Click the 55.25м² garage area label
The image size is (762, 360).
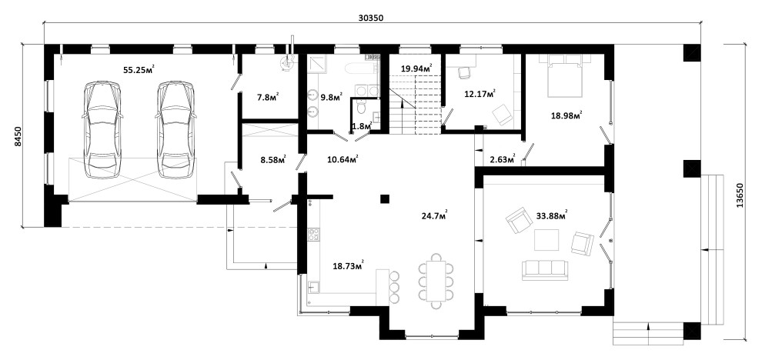pos(139,69)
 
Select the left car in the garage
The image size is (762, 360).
pos(102,130)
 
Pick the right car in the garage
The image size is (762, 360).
pos(176,130)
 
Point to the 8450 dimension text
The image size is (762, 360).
pos(18,136)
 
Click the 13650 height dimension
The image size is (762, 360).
pos(740,196)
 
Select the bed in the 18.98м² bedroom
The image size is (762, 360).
pos(565,75)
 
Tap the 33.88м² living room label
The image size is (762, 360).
pos(552,215)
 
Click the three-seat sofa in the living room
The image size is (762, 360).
pos(545,270)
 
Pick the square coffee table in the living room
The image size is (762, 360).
pos(546,239)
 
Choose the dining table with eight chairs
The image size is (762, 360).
pos(436,281)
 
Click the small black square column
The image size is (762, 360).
pos(385,198)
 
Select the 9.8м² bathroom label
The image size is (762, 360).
pos(332,96)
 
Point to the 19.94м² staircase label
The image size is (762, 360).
pos(416,68)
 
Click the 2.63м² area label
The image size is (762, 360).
pos(502,158)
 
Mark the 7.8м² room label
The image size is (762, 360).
pos(268,96)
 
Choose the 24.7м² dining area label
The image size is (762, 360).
pos(434,215)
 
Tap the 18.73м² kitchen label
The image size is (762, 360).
pos(348,265)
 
